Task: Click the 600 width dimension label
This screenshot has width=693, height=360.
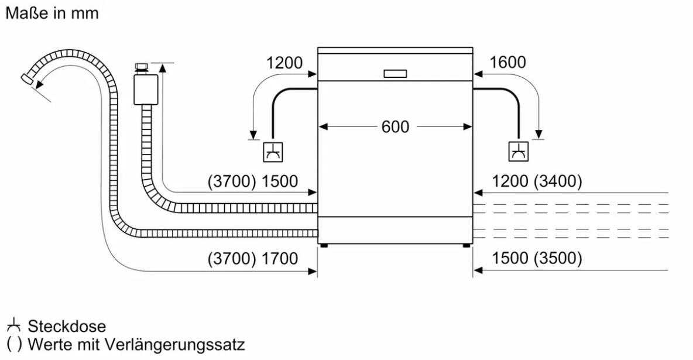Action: click(395, 127)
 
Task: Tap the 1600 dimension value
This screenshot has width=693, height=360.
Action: click(508, 63)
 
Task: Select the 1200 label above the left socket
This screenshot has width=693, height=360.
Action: click(284, 63)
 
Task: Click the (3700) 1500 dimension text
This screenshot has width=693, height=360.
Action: click(253, 181)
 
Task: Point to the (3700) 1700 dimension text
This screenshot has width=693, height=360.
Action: click(253, 258)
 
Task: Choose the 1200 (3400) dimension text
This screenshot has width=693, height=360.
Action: click(537, 181)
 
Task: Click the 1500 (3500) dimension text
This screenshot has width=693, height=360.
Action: click(537, 258)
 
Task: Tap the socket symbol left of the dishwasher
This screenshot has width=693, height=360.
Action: click(273, 152)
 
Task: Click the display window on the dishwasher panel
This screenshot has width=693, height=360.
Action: click(395, 74)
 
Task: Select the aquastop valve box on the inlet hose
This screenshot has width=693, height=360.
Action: click(146, 90)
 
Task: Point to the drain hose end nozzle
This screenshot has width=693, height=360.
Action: click(27, 78)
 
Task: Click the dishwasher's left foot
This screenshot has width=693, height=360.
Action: click(324, 245)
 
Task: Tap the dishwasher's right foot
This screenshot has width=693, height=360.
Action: click(466, 245)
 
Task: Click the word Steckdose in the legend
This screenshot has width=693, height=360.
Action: click(67, 327)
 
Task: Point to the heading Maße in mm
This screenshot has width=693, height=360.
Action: click(52, 13)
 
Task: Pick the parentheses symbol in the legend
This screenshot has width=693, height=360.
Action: click(13, 344)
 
